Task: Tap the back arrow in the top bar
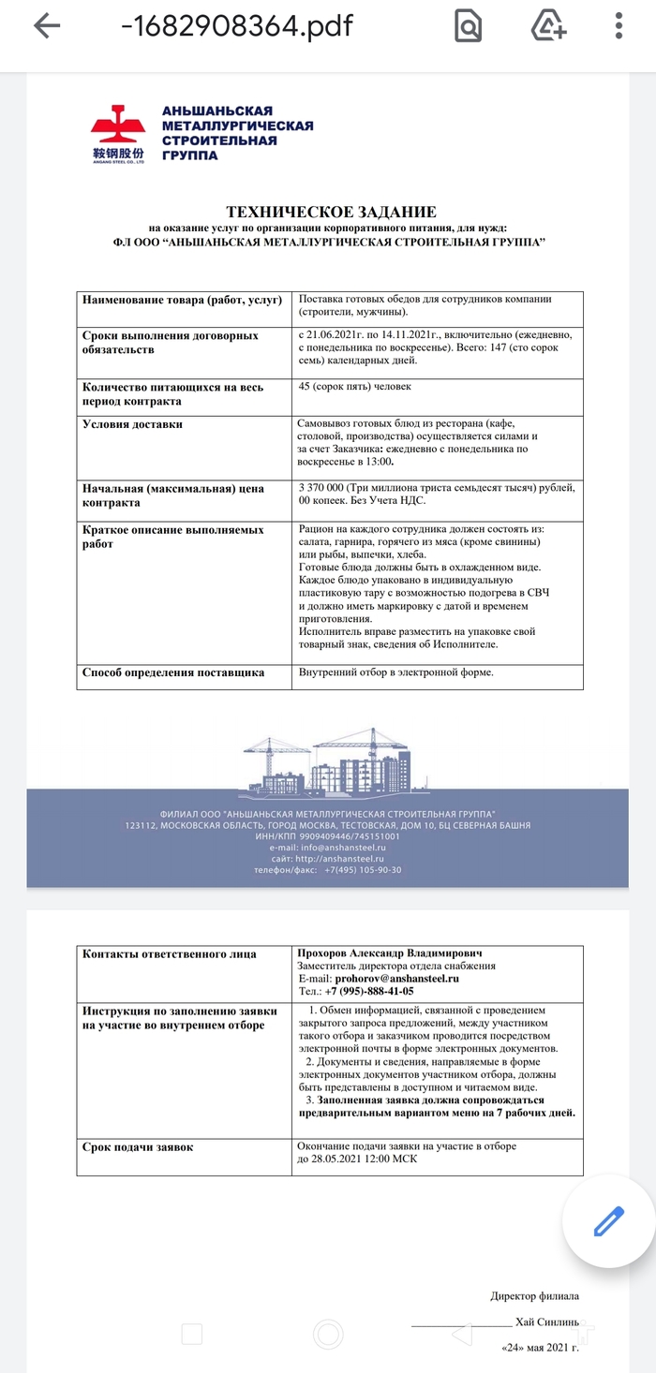coord(46,27)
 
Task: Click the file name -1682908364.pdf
coord(236,26)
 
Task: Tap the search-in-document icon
coord(468,27)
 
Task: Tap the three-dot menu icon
coord(619,26)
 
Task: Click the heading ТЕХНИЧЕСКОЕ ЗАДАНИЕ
coord(331,213)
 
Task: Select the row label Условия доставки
coord(132,424)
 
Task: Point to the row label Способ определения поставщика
coord(173,672)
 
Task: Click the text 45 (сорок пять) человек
coord(354,386)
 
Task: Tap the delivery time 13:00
coord(378,462)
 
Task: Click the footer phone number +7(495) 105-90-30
coord(363,870)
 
